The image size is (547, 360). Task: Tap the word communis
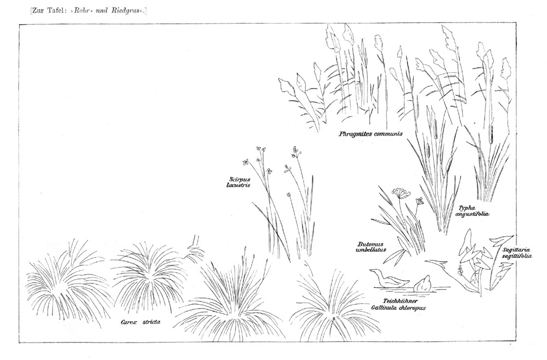click(388, 133)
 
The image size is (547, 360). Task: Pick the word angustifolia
click(472, 214)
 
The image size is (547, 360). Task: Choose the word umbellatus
click(371, 250)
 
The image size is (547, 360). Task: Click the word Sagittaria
click(516, 250)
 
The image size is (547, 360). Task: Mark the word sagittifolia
click(517, 256)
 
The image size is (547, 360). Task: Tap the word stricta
click(152, 322)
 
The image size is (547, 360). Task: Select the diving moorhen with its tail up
click(422, 283)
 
